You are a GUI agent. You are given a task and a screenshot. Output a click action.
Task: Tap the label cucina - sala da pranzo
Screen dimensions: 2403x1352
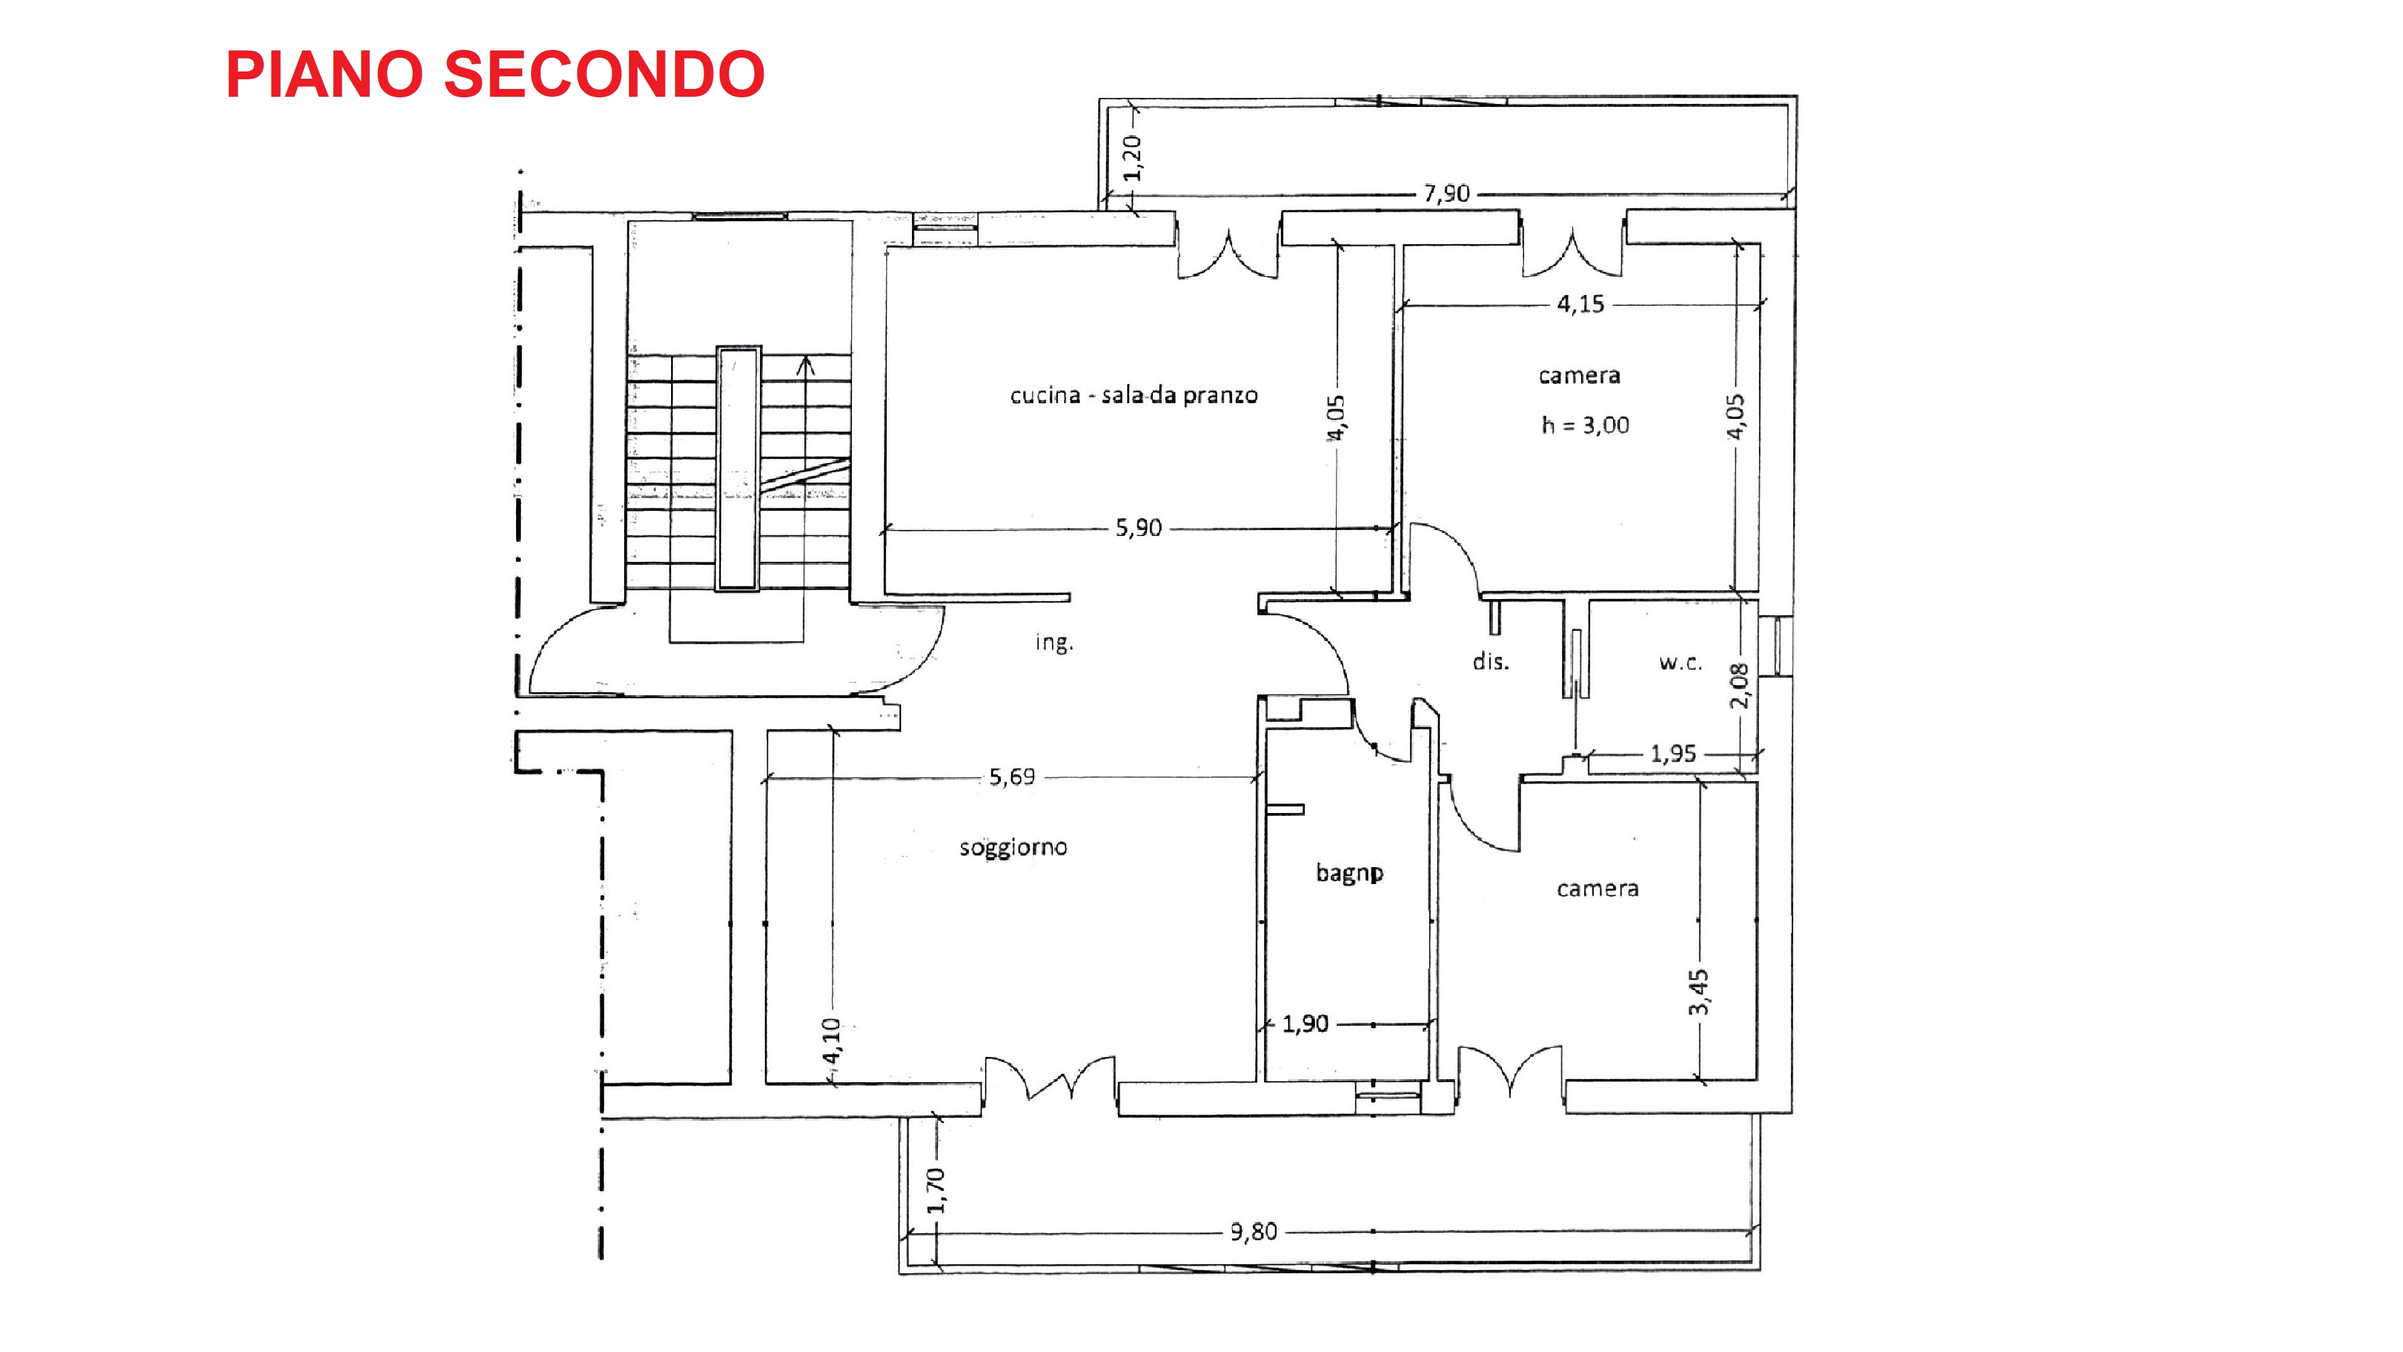click(1134, 395)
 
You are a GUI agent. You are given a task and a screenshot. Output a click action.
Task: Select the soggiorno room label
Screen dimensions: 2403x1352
click(1013, 847)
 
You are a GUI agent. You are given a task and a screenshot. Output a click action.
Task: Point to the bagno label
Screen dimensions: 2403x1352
click(1349, 873)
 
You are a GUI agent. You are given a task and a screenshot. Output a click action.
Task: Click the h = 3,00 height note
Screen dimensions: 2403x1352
click(1585, 425)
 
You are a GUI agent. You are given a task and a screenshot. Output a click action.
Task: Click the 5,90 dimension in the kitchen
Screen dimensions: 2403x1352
click(1138, 528)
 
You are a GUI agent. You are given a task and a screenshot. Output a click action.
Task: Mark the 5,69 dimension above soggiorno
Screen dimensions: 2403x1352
click(1011, 776)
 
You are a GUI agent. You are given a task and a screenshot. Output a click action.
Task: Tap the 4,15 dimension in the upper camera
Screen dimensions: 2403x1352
click(1580, 304)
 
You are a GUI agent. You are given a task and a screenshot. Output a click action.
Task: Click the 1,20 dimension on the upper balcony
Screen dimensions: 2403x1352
click(1132, 157)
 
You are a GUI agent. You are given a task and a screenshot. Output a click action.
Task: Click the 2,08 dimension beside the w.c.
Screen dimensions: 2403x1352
click(1739, 686)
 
